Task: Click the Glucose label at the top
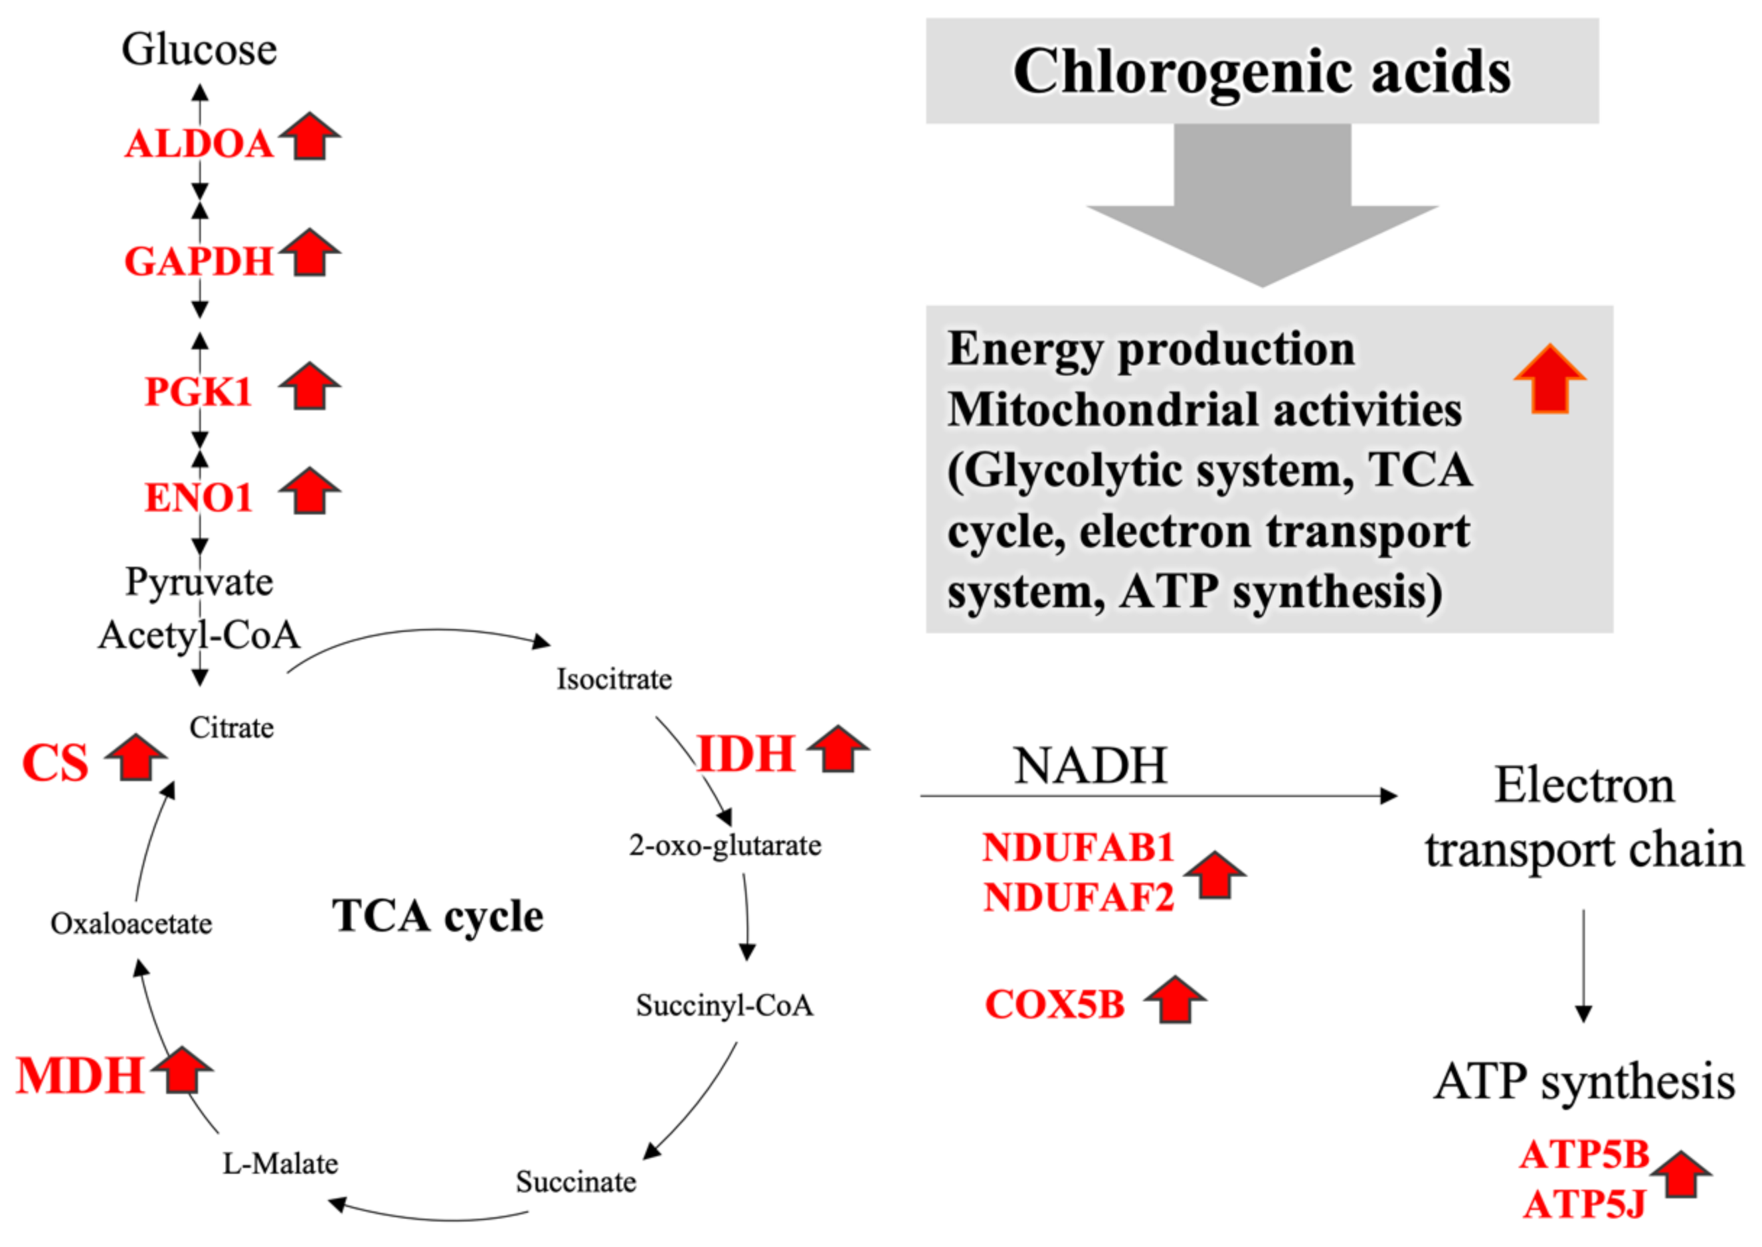click(199, 50)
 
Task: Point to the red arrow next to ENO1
click(309, 491)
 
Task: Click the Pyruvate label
click(199, 582)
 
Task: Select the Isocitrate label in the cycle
click(614, 679)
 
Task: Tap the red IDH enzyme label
click(745, 754)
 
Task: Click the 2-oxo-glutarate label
click(725, 845)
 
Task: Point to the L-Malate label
click(280, 1164)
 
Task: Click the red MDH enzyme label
click(80, 1076)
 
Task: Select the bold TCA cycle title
click(438, 916)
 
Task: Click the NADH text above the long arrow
click(1090, 766)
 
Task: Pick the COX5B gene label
click(1055, 1005)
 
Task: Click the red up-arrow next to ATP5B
click(1680, 1174)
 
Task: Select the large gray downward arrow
click(1262, 207)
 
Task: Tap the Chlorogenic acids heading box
click(1262, 70)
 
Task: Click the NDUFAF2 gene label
click(1079, 898)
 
